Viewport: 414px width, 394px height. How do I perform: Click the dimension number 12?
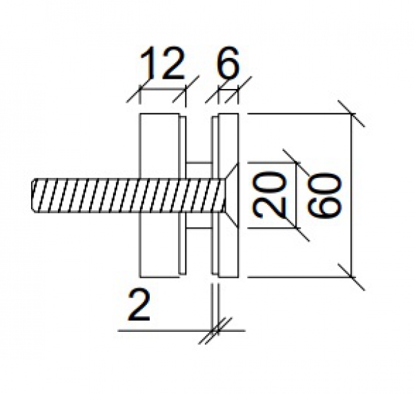(163, 64)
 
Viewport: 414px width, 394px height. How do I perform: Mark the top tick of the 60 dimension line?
(352, 112)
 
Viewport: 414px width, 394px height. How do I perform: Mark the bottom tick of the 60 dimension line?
(352, 279)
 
